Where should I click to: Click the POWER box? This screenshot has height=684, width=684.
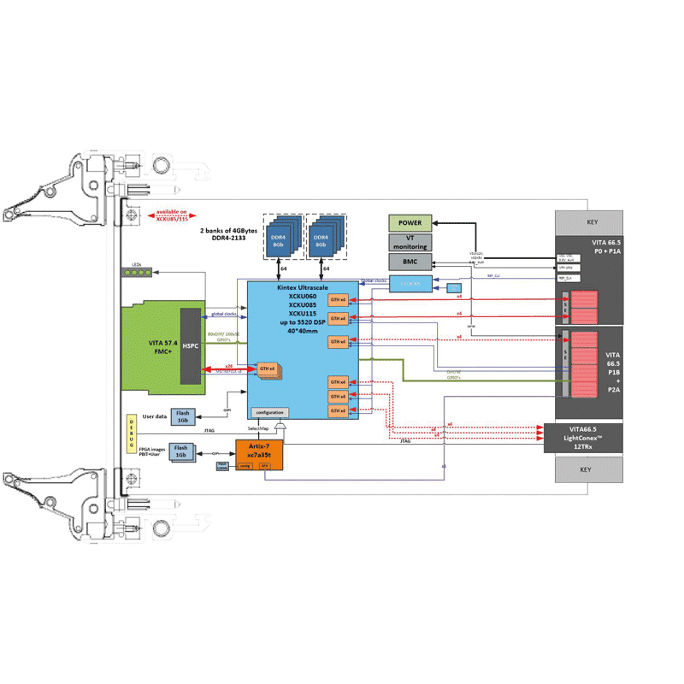coord(410,223)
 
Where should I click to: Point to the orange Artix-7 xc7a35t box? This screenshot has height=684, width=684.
coord(257,451)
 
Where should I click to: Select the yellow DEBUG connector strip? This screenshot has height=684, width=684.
coord(131,433)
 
